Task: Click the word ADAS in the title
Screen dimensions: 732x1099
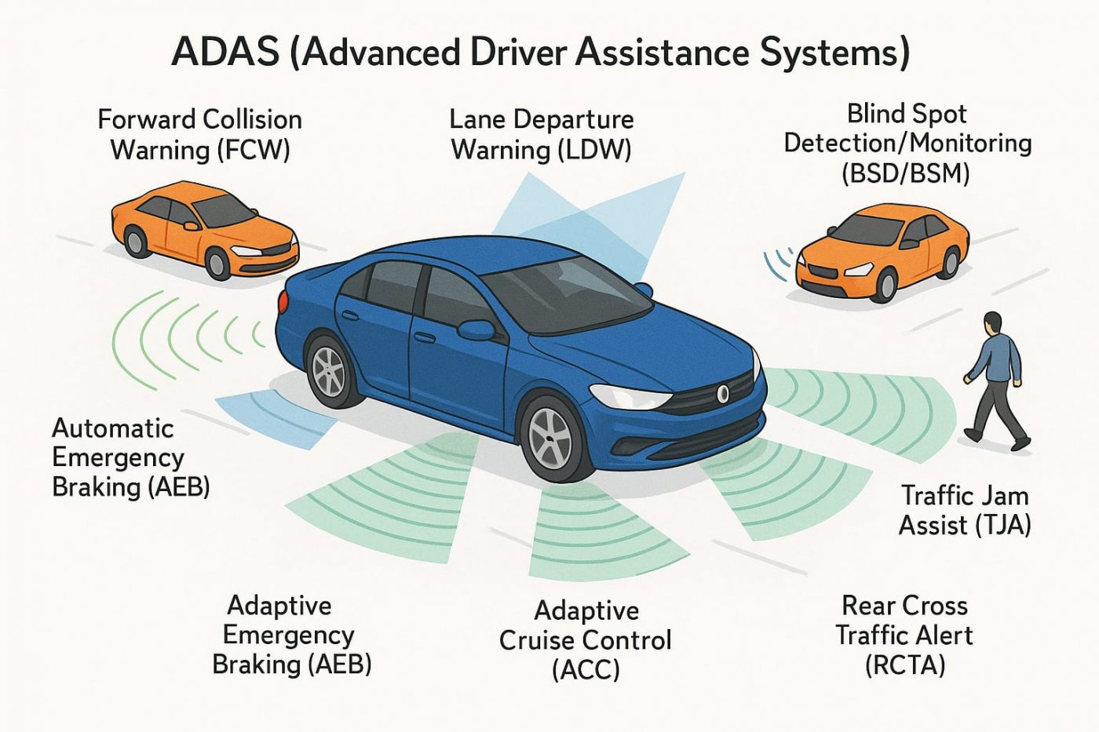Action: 225,53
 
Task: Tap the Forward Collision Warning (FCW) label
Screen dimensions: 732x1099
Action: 200,134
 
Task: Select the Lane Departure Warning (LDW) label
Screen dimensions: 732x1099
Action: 542,134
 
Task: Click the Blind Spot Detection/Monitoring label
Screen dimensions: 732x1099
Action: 907,143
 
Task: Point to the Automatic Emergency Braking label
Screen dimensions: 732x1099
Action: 130,457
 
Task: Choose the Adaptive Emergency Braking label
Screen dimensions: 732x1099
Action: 291,635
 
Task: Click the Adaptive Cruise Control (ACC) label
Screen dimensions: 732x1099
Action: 586,640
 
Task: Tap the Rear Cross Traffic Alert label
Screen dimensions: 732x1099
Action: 904,635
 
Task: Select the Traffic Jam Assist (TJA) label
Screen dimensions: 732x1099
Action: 965,510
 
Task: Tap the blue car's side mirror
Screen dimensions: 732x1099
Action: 476,330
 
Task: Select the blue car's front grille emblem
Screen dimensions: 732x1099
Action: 723,394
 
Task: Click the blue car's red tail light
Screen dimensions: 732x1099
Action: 283,300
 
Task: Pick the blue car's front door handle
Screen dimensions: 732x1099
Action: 425,337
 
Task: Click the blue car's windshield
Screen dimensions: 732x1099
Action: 573,290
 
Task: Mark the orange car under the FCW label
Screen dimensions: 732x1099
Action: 205,228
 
